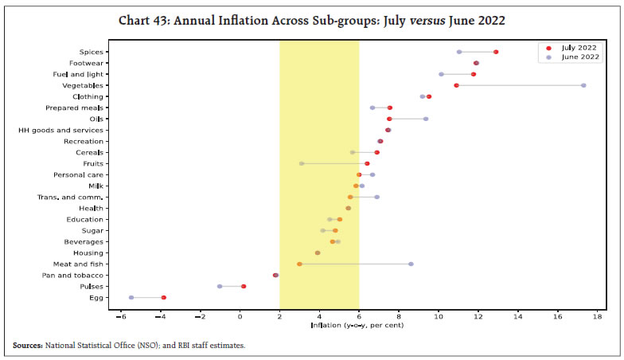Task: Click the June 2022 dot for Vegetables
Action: [x=583, y=85]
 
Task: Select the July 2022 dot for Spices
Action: [x=496, y=52]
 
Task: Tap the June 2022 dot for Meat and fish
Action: [x=411, y=264]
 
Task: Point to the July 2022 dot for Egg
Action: [x=163, y=297]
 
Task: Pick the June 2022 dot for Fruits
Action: [x=302, y=163]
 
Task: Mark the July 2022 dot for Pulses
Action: [x=244, y=286]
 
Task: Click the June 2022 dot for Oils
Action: [x=426, y=119]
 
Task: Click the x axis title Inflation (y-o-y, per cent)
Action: [x=359, y=326]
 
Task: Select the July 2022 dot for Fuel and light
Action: [x=474, y=74]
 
